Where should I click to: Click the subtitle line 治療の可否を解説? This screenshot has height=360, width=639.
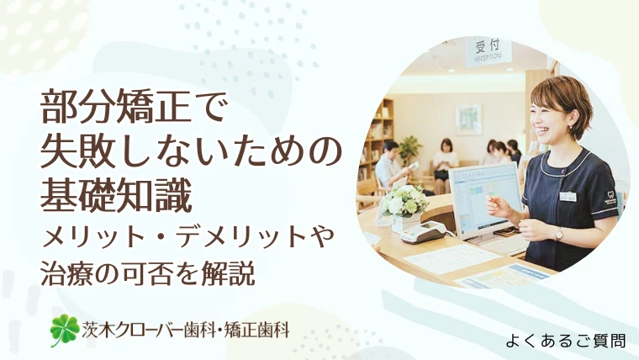(147, 273)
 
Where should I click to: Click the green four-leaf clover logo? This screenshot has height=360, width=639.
(64, 330)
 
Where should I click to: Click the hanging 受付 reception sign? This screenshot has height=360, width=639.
(488, 51)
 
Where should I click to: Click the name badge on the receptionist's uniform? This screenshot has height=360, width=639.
(569, 196)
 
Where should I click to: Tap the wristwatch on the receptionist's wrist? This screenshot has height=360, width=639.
(558, 234)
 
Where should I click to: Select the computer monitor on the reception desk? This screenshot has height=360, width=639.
(485, 199)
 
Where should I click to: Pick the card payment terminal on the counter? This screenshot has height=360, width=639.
(421, 231)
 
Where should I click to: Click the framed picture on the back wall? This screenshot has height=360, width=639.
(467, 119)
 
